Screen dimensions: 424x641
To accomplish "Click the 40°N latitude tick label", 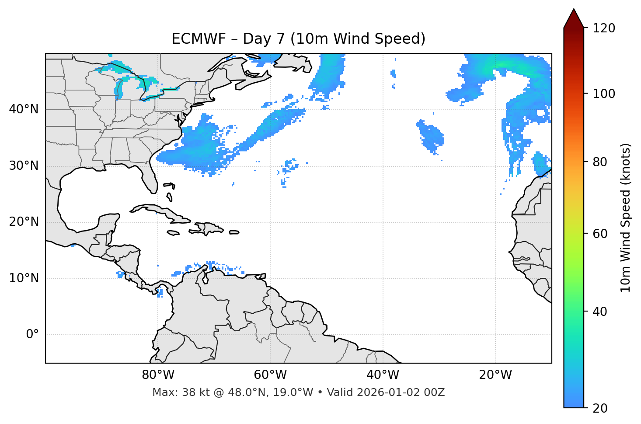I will point(24,109).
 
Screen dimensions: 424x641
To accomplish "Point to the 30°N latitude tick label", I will point(24,166).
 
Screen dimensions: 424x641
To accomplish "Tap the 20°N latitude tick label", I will point(24,222).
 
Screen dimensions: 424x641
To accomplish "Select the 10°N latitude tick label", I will point(24,278).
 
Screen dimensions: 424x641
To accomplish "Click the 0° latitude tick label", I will point(32,335).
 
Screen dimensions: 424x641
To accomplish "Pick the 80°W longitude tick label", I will point(158,375).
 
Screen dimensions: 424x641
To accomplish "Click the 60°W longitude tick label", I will point(270,375).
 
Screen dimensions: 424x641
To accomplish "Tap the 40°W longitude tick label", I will point(383,375).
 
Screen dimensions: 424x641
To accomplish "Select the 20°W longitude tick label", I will point(495,375).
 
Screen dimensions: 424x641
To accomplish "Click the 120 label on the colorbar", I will point(604,28).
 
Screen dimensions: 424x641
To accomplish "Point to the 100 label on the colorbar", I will point(604,94).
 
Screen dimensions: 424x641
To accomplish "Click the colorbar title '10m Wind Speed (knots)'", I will point(625,217).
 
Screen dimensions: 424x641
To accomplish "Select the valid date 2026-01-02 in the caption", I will point(390,392).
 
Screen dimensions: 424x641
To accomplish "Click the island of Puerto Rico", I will point(234,232).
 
